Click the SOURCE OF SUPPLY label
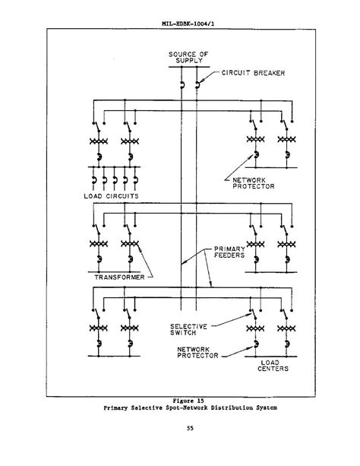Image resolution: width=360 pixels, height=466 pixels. point(188,57)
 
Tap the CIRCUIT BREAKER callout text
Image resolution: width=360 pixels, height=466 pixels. point(253,73)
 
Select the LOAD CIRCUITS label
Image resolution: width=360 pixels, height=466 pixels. point(111,196)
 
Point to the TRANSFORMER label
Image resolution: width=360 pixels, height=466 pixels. point(119,277)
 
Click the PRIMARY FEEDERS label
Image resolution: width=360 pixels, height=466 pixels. point(229,252)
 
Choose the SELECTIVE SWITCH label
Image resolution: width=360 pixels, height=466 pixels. point(188,330)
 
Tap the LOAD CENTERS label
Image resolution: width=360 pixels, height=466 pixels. point(273,366)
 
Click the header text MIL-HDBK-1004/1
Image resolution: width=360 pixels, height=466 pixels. point(188,24)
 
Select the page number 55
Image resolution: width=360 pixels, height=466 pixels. point(190,428)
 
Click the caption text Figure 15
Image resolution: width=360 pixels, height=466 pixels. point(188,401)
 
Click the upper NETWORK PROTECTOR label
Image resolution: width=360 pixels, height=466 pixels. point(254,183)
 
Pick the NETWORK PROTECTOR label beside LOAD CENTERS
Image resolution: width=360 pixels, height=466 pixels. point(197,353)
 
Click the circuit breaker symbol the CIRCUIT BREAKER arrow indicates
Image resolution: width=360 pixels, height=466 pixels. point(197,84)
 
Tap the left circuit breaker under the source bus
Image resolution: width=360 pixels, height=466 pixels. point(182,85)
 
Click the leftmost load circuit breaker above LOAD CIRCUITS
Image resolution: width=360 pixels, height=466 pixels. point(94,180)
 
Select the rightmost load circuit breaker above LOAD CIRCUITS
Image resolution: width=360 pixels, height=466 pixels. point(135,180)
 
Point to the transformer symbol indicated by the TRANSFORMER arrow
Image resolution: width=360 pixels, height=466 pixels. point(130,244)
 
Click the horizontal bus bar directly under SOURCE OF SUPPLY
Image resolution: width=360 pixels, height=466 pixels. point(189,67)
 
